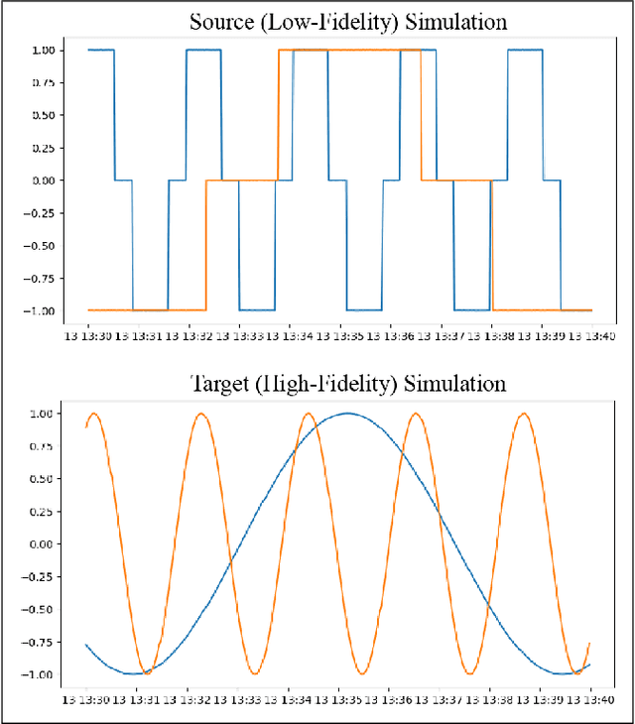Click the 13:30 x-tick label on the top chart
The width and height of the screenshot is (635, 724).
click(88, 335)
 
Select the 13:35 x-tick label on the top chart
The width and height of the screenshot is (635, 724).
click(340, 335)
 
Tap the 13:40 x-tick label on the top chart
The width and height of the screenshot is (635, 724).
click(591, 335)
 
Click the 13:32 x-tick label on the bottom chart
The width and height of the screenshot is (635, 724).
click(189, 698)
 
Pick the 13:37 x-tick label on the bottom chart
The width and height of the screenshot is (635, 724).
click(441, 698)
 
